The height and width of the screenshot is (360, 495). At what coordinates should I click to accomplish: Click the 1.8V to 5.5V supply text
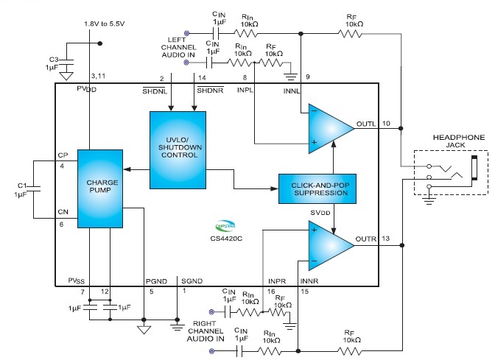pos(104,23)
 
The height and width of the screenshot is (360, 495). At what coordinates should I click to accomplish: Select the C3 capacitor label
pos(53,59)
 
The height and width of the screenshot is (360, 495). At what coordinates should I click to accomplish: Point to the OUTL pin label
pos(365,122)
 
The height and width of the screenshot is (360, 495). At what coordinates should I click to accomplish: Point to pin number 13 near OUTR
pos(386,237)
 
